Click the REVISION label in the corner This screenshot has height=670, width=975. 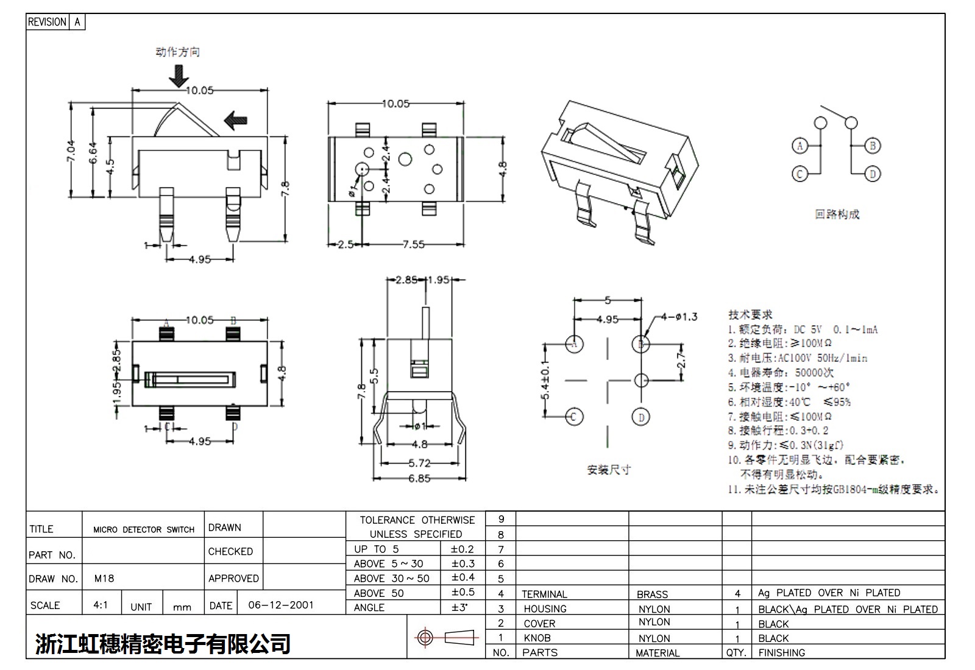click(47, 22)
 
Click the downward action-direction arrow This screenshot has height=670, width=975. click(179, 76)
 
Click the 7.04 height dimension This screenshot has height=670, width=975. click(71, 151)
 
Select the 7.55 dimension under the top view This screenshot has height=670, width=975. click(413, 244)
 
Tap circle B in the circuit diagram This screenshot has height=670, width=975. click(872, 146)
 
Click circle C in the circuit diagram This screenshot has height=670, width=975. click(799, 174)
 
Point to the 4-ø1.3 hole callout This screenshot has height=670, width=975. click(678, 317)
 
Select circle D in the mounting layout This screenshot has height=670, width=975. click(641, 417)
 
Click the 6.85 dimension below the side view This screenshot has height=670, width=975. click(419, 479)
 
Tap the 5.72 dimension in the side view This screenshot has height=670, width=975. click(419, 463)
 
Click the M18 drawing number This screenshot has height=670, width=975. click(104, 579)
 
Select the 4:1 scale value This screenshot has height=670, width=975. click(101, 605)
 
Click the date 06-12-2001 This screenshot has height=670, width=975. click(281, 605)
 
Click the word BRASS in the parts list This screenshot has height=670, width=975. click(652, 594)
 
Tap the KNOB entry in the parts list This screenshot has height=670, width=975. click(537, 638)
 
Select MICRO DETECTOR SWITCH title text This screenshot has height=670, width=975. click(144, 530)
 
